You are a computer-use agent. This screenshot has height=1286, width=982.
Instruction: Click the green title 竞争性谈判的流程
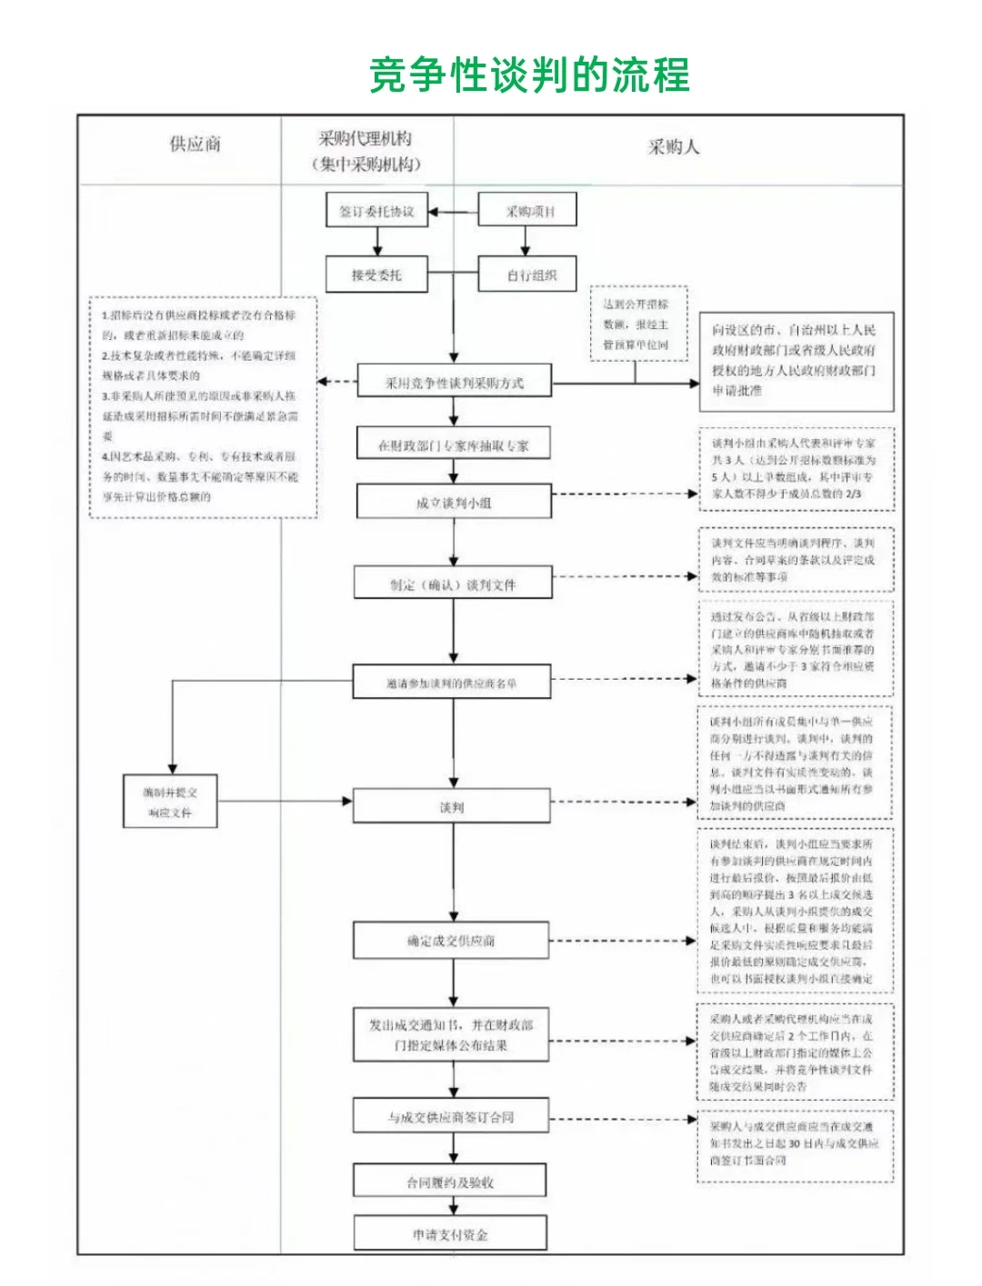[529, 75]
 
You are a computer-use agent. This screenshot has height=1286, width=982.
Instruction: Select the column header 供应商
[195, 144]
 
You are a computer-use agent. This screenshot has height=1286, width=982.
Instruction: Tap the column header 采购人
[674, 147]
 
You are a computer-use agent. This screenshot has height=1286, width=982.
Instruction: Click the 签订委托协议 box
[376, 212]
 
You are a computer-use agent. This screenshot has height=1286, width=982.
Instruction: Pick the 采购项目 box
[528, 212]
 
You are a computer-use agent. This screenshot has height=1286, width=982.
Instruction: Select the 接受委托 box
[376, 274]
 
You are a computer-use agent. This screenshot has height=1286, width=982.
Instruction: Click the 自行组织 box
[528, 274]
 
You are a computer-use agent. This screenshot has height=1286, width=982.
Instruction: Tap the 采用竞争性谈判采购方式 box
[454, 383]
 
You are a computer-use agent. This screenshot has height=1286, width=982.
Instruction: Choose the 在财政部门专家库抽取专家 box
[454, 445]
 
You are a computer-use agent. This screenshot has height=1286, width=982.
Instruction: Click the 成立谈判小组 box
[454, 502]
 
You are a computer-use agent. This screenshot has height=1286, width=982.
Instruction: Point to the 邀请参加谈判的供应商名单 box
[452, 683]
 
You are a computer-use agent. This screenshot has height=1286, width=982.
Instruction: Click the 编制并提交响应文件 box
[171, 802]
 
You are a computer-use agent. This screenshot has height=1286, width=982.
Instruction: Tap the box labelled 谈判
[452, 807]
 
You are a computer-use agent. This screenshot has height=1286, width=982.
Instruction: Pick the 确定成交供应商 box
[452, 941]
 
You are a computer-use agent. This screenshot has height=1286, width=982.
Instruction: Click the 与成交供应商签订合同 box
[452, 1117]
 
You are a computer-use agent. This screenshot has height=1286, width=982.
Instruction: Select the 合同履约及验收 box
[450, 1181]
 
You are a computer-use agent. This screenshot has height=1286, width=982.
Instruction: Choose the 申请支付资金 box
[450, 1234]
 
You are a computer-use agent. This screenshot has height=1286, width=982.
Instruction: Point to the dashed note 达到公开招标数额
[636, 324]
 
